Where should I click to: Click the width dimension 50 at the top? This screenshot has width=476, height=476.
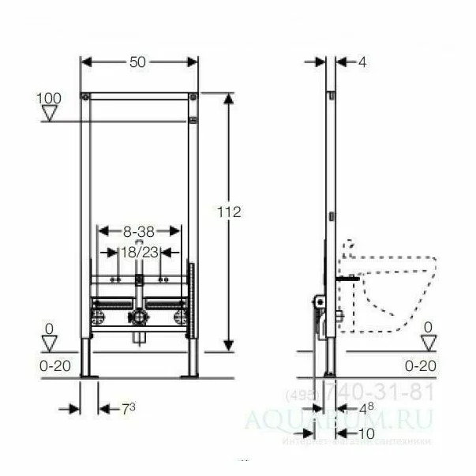pyautogui.click(x=140, y=62)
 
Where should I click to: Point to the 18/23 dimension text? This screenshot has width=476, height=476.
pyautogui.click(x=139, y=252)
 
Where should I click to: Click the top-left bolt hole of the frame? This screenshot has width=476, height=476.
pyautogui.click(x=85, y=97)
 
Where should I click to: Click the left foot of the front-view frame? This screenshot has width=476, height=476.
pyautogui.click(x=89, y=362)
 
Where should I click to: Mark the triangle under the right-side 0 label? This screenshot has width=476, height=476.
pyautogui.click(x=429, y=342)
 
